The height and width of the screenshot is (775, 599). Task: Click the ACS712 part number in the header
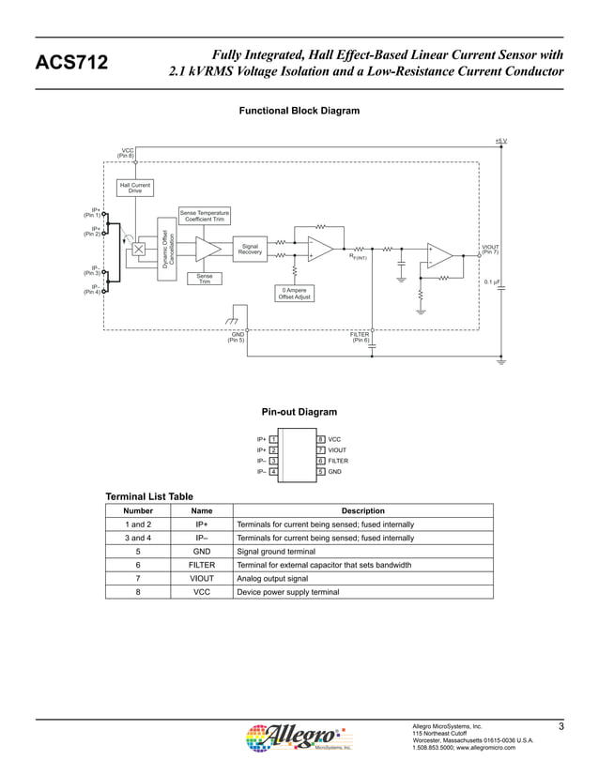pyautogui.click(x=71, y=63)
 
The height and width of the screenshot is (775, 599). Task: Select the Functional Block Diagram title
pyautogui.click(x=299, y=111)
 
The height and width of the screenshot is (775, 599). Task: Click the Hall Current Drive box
pyautogui.click(x=135, y=189)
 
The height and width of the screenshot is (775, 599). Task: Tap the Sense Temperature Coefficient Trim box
pyautogui.click(x=204, y=216)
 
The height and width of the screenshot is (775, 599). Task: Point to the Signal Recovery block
pyautogui.click(x=250, y=249)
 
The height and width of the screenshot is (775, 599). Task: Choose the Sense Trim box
pyautogui.click(x=204, y=278)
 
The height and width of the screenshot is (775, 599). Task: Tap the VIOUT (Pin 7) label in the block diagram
pyautogui.click(x=489, y=250)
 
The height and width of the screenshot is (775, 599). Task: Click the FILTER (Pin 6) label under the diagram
pyautogui.click(x=361, y=337)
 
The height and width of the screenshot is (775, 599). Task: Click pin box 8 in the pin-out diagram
pyautogui.click(x=321, y=439)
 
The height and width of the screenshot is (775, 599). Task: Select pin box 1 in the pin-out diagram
pyautogui.click(x=272, y=439)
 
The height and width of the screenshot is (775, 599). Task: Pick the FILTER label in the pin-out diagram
pyautogui.click(x=338, y=461)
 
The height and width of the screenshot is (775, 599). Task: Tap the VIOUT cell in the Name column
pyautogui.click(x=202, y=579)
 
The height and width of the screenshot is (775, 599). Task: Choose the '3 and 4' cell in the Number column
pyautogui.click(x=138, y=538)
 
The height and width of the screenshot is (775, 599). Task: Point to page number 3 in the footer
pyautogui.click(x=560, y=727)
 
